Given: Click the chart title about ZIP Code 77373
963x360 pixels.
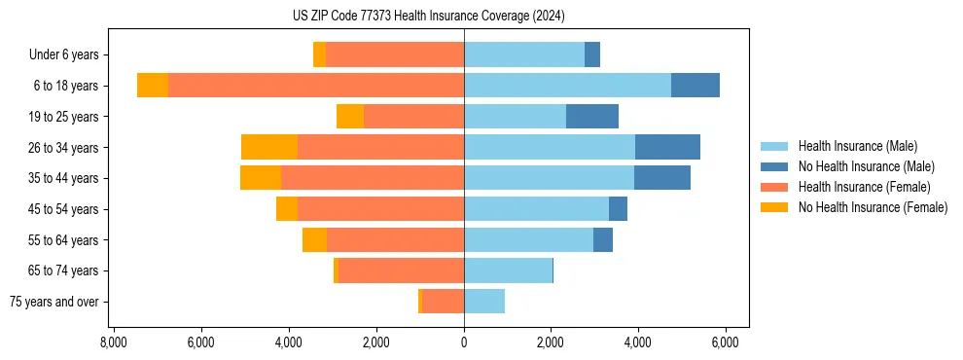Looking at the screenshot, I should (x=428, y=17).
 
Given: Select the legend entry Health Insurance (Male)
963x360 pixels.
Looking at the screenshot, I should (x=857, y=146).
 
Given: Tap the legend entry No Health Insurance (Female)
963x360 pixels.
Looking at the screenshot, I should (x=873, y=207).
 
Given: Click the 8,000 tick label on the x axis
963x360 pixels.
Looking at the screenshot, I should (x=113, y=342).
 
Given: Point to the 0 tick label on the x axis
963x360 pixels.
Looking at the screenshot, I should (x=464, y=342).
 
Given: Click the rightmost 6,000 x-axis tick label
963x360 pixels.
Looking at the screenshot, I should (x=727, y=342).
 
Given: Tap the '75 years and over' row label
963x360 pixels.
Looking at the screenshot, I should (x=54, y=302).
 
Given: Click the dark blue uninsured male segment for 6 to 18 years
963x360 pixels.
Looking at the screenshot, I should (x=695, y=86).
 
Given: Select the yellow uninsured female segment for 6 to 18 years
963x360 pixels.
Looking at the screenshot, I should (x=153, y=86).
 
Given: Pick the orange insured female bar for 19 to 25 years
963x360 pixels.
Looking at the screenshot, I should (x=413, y=117).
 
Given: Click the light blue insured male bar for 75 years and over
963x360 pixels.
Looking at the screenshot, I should (x=484, y=302).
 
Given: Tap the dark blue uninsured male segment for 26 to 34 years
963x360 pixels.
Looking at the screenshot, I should (x=667, y=147).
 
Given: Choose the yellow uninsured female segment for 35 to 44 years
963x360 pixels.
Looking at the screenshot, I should (x=261, y=178).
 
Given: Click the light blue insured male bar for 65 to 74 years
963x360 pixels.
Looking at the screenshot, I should (x=508, y=270).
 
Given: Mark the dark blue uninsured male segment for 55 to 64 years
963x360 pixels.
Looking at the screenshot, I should (x=603, y=239).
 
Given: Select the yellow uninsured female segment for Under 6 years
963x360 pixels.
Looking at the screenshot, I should (x=319, y=55).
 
